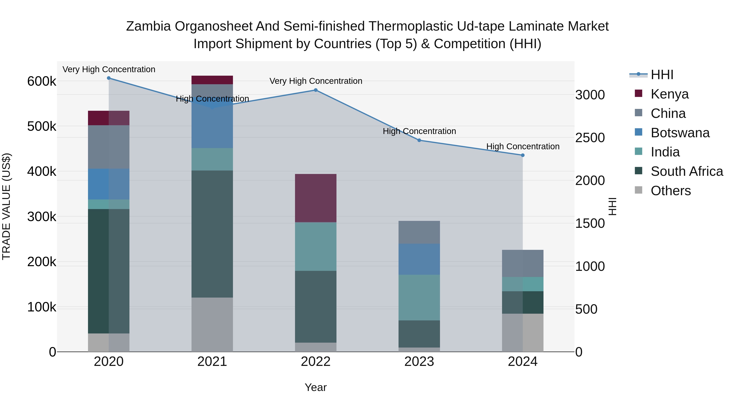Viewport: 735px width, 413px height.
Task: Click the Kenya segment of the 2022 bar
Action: [x=316, y=198]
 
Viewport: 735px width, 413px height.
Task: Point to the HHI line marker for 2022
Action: [x=316, y=90]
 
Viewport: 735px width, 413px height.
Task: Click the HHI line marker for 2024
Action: [x=522, y=155]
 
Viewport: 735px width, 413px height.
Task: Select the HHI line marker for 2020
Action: [x=109, y=78]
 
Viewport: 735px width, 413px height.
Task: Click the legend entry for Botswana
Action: [x=680, y=133]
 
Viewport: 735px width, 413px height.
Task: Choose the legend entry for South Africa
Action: [x=686, y=171]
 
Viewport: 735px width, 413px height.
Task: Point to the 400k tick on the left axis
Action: [x=42, y=172]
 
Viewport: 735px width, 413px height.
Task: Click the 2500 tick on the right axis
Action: [x=589, y=138]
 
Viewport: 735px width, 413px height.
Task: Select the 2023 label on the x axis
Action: [x=419, y=362]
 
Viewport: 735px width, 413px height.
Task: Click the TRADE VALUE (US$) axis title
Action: [x=6, y=206]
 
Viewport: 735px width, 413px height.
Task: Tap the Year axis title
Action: [x=316, y=387]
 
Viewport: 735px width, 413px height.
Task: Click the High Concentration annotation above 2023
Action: [x=419, y=131]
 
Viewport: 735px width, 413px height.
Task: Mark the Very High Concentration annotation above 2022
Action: [x=316, y=81]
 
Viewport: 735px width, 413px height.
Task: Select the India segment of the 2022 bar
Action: [x=316, y=247]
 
